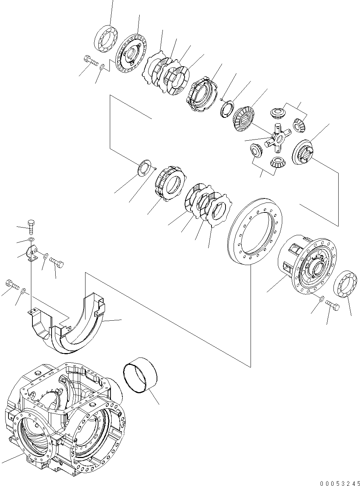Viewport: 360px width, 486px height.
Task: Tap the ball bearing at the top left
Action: click(x=106, y=38)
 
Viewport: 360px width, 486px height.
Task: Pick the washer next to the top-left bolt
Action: click(x=102, y=67)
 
